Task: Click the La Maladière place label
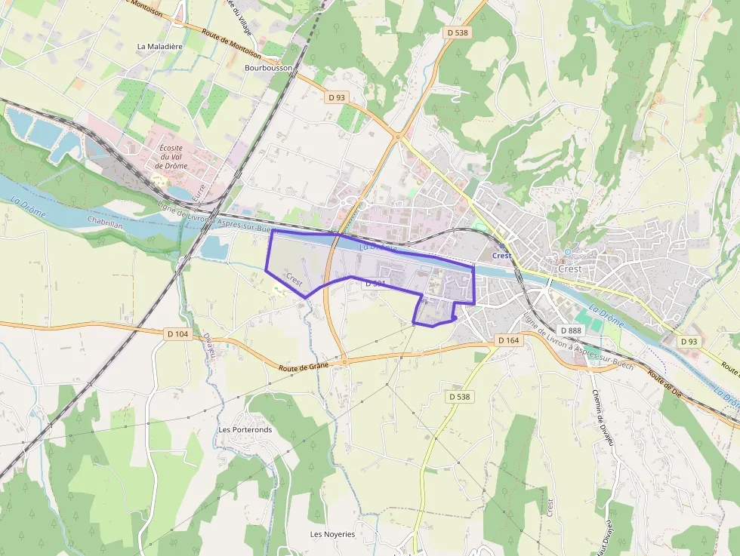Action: (x=159, y=46)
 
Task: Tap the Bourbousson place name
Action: (x=268, y=67)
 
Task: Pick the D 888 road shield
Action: (x=570, y=330)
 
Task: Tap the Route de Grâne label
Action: (x=304, y=367)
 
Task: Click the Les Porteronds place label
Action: (x=245, y=429)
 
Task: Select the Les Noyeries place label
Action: (x=332, y=534)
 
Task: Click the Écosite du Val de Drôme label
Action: (x=170, y=156)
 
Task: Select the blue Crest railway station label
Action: (x=501, y=256)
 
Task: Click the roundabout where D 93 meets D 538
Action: (x=398, y=137)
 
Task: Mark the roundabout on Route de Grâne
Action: (x=344, y=362)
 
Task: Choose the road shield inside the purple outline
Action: (x=375, y=284)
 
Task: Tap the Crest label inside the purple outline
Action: (x=294, y=279)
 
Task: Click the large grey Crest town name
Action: (x=569, y=269)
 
